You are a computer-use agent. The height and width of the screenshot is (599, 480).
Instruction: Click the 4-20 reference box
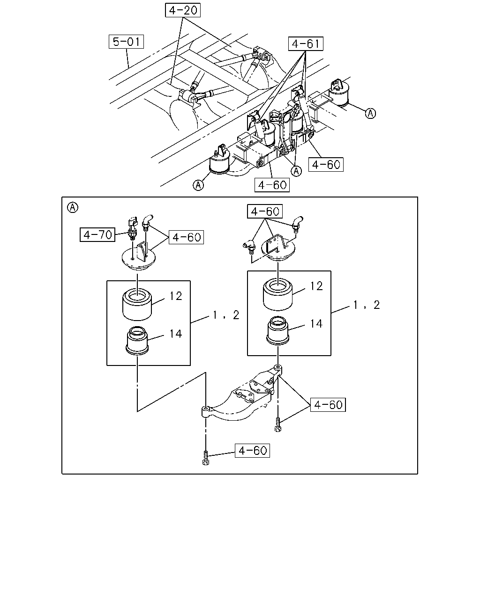click(183, 10)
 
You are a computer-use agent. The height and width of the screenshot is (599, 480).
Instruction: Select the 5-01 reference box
click(126, 42)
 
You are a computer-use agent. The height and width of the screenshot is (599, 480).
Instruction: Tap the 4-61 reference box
click(306, 44)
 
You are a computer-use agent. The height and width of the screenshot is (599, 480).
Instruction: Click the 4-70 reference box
click(97, 234)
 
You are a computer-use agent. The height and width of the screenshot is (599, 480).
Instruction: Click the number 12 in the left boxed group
click(176, 296)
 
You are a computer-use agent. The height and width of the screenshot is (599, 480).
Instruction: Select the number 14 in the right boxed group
click(316, 324)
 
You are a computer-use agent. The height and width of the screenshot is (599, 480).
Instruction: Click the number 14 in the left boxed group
click(176, 334)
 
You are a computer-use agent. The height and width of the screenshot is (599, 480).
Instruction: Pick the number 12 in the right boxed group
click(316, 286)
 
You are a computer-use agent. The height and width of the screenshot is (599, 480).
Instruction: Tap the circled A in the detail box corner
click(73, 208)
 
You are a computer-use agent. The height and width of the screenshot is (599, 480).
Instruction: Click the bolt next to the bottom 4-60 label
click(206, 458)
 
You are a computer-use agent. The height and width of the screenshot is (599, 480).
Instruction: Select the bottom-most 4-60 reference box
click(252, 451)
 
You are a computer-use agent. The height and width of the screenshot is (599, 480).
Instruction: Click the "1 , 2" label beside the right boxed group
click(367, 305)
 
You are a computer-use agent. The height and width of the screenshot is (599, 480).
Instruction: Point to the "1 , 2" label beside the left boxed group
click(226, 315)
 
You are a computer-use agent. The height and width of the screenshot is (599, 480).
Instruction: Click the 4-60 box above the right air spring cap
click(265, 212)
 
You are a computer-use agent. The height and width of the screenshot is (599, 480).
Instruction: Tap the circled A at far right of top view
click(371, 113)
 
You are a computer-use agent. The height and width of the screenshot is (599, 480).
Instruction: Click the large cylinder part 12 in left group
click(137, 305)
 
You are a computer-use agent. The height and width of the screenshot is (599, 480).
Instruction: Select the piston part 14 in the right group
click(278, 330)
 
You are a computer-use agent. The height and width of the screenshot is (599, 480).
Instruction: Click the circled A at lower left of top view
click(198, 185)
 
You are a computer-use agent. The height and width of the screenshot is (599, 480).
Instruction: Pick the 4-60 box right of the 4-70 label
click(186, 237)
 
